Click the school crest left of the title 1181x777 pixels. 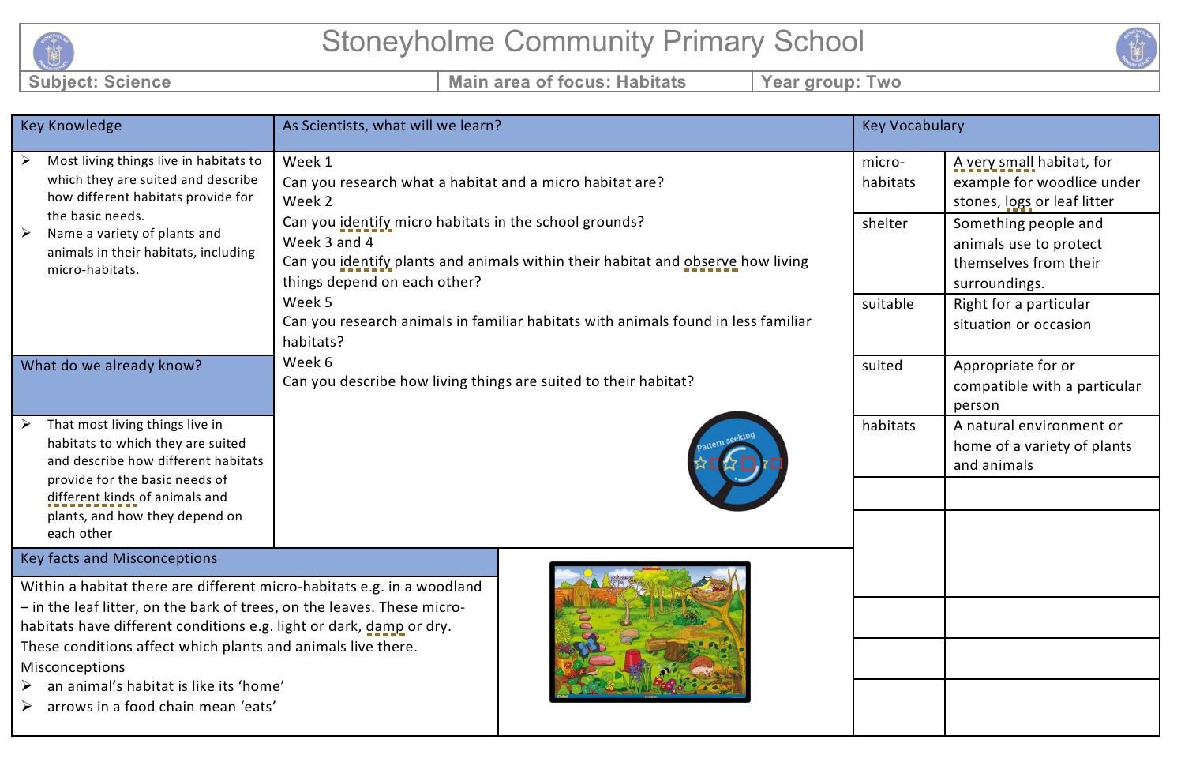click(x=54, y=52)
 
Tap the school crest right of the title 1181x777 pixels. click(x=1136, y=48)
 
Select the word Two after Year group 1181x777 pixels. click(x=883, y=82)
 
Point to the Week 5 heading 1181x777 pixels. click(x=307, y=302)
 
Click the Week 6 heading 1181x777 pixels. click(x=307, y=362)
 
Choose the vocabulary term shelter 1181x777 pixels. click(x=884, y=223)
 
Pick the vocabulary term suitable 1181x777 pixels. click(x=887, y=304)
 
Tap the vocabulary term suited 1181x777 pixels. click(x=882, y=366)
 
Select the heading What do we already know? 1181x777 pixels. click(x=111, y=366)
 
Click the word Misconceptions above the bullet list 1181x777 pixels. click(x=73, y=667)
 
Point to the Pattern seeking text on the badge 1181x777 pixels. click(x=725, y=441)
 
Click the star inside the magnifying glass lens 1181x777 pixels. click(x=730, y=464)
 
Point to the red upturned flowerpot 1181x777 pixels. click(x=632, y=658)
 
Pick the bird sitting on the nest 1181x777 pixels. click(x=702, y=584)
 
